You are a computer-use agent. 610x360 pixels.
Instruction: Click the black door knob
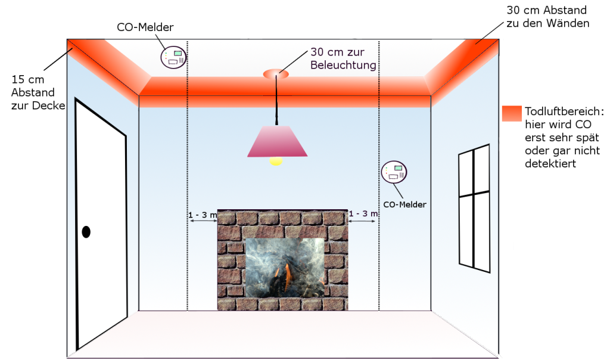click(x=86, y=232)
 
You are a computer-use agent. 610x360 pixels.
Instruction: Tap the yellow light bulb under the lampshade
click(x=276, y=160)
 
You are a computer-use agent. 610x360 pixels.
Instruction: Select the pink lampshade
click(x=277, y=141)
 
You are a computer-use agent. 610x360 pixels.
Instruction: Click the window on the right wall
click(x=474, y=206)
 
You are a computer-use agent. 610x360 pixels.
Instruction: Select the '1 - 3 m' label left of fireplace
click(x=202, y=214)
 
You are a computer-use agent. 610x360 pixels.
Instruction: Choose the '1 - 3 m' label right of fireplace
click(x=363, y=213)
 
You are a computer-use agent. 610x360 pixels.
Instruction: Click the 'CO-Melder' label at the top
click(x=145, y=27)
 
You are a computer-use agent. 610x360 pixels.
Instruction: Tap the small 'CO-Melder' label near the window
click(x=405, y=204)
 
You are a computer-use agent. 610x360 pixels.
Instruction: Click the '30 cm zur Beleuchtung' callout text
click(x=343, y=58)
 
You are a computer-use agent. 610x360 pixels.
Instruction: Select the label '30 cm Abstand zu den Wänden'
click(x=547, y=17)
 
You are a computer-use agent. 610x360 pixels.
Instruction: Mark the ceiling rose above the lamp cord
click(x=275, y=74)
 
